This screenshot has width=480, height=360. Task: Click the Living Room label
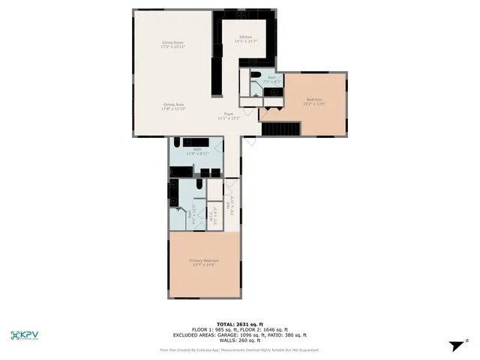173,42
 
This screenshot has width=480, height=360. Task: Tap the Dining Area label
173,104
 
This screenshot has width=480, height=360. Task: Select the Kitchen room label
245,36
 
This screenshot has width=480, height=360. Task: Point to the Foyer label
228,113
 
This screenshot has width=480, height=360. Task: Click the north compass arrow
455,346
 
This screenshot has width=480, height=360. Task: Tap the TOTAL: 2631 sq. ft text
239,324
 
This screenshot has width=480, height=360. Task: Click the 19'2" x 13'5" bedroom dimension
314,104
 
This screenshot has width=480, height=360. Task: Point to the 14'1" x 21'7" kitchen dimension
245,40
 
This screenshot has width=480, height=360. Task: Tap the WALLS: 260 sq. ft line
240,340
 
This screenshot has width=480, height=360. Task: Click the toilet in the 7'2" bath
255,76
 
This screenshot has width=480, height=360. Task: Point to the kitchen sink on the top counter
241,15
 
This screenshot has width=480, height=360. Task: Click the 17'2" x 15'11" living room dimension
173,46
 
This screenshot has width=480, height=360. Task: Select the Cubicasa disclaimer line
239,349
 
